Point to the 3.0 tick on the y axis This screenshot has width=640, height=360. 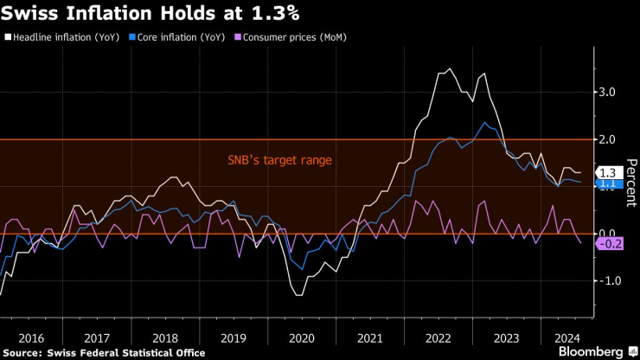(x=607, y=92)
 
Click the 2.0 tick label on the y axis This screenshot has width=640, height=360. (x=607, y=139)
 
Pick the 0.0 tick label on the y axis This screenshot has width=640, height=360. (x=607, y=234)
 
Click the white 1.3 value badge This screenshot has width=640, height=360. (x=607, y=172)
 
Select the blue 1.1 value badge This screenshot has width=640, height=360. (x=607, y=183)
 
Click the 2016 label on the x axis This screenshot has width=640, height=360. (x=30, y=338)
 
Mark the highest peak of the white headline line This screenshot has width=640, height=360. (x=448, y=68)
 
